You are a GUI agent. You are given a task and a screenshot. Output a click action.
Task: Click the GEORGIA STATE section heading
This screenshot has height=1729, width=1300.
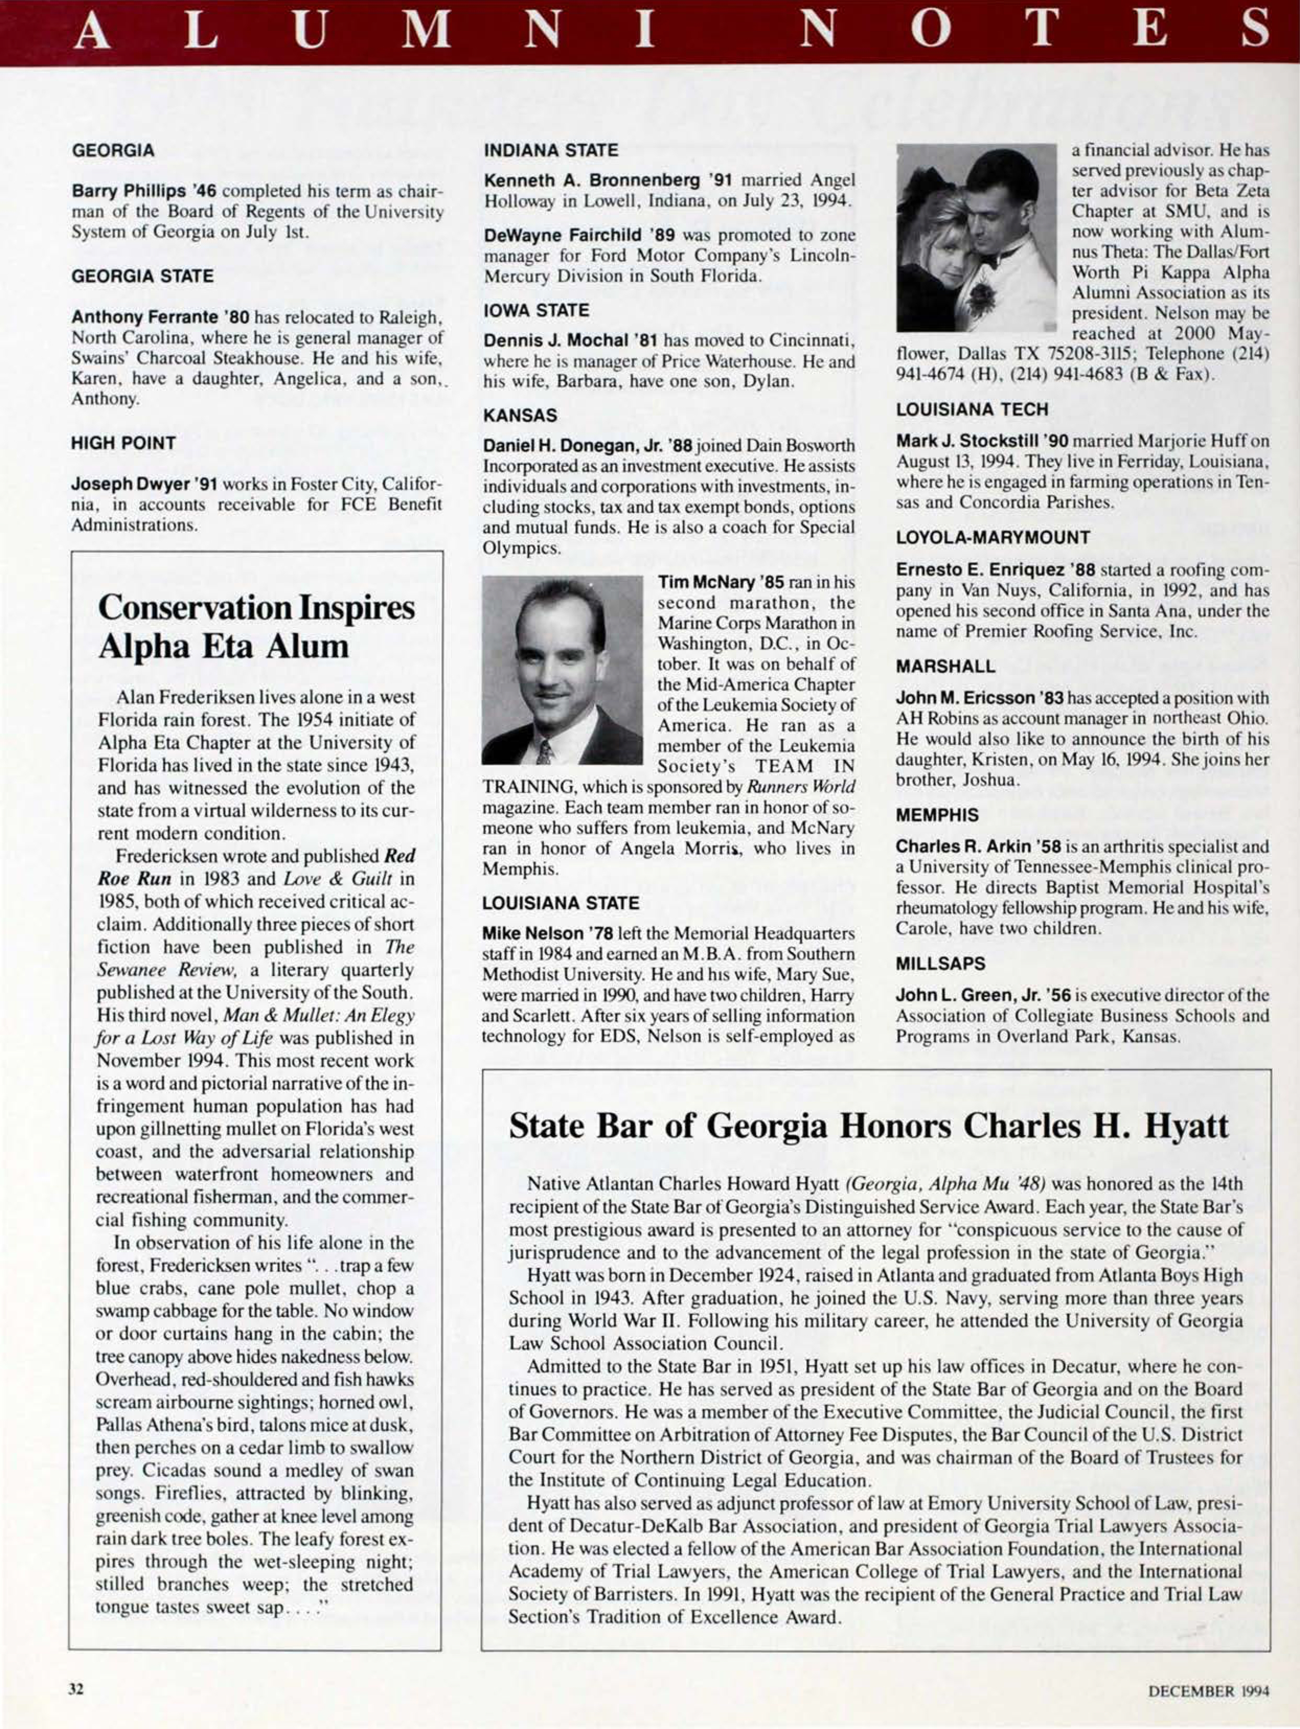pyautogui.click(x=142, y=276)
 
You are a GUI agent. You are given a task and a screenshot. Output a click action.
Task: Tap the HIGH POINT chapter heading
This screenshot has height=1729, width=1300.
pyautogui.click(x=123, y=443)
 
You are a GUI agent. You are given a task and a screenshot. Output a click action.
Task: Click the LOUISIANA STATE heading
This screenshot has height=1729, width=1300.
pyautogui.click(x=561, y=903)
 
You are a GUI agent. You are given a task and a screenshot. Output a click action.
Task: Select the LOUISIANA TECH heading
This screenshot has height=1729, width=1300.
pyautogui.click(x=972, y=409)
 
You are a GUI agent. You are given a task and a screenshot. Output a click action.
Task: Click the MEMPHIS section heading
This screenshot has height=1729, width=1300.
pyautogui.click(x=937, y=815)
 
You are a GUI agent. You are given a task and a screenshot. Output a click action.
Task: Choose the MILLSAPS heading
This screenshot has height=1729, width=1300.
pyautogui.click(x=940, y=963)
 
